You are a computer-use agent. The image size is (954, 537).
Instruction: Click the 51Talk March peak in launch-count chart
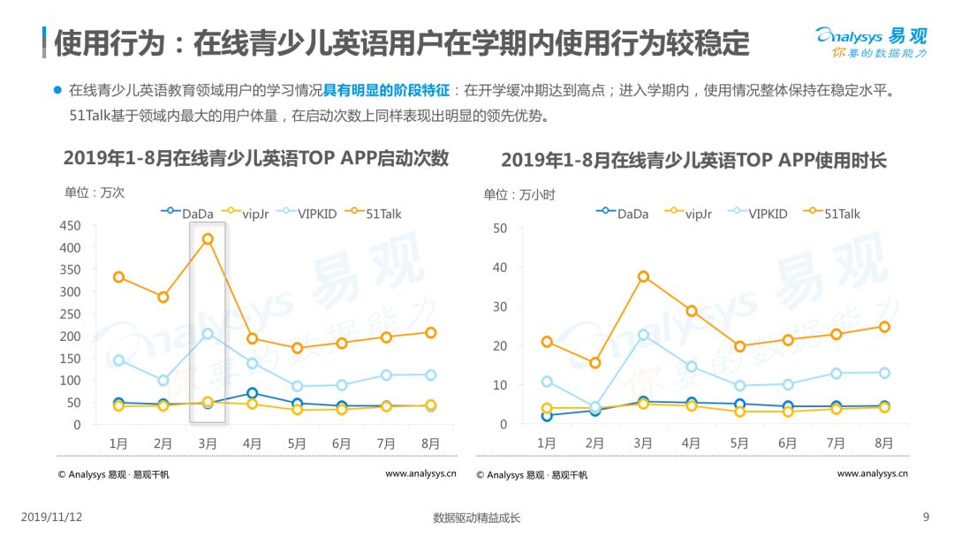coord(208,239)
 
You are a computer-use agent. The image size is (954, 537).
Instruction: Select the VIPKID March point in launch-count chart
coord(208,334)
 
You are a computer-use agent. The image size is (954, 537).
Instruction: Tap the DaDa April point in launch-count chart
coord(252,393)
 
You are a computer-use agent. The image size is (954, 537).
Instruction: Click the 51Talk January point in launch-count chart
coord(118,277)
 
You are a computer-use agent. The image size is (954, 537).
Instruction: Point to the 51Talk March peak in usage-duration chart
coord(643,276)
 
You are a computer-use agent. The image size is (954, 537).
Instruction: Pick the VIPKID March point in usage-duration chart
coord(643,335)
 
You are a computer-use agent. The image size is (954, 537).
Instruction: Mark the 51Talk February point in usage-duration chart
coord(595,363)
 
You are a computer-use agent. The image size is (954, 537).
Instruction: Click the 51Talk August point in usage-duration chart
coord(884,327)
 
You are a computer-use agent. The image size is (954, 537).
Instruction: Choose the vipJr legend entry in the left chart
coord(245,214)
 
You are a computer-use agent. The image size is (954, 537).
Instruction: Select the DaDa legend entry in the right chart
coord(622,214)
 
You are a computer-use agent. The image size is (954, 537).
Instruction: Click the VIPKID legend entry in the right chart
coord(758,214)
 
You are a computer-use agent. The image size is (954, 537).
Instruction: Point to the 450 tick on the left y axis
coord(70,225)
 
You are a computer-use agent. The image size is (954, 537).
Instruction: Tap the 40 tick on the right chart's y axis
coord(499,268)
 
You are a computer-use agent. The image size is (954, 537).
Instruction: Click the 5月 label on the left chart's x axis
coord(296,443)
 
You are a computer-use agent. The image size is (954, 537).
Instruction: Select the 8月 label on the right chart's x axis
coord(883,443)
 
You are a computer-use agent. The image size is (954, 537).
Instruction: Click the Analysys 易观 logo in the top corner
coord(871,42)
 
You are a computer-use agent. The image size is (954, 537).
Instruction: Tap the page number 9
coord(926,517)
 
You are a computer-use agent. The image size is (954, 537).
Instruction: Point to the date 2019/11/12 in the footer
coord(52,517)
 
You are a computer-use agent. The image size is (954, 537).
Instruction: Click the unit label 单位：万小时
coord(519,194)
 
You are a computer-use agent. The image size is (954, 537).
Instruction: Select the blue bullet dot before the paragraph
coord(57,90)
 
